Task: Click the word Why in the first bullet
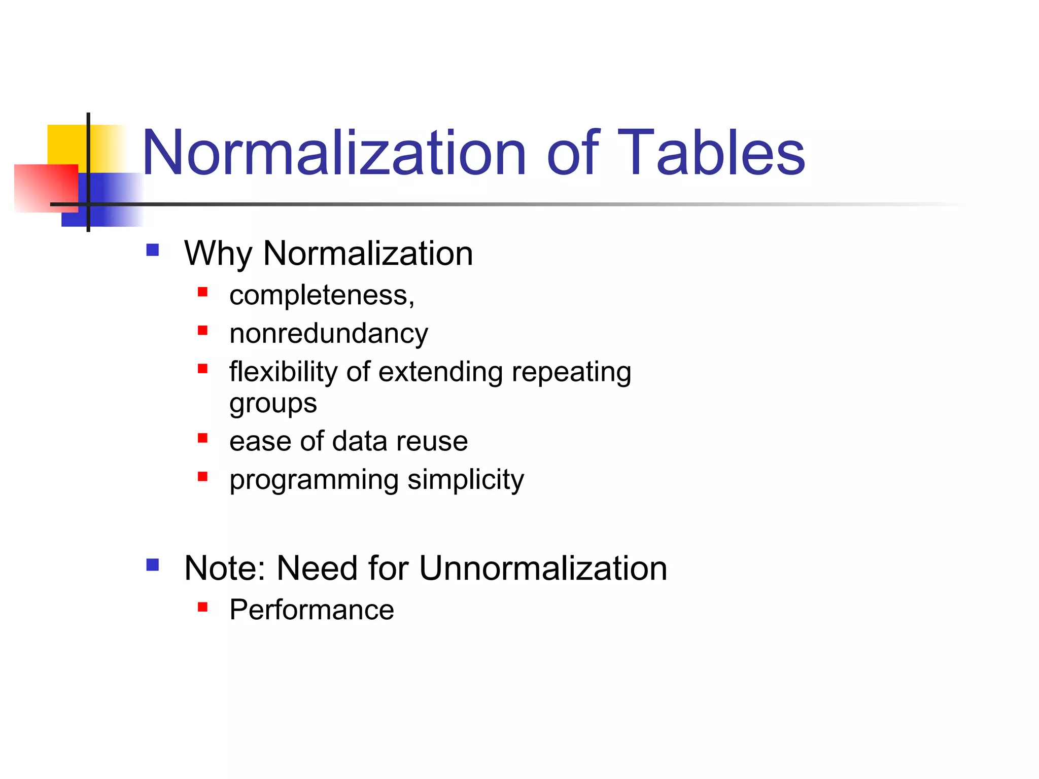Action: pos(218,254)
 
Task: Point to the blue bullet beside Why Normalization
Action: pos(153,250)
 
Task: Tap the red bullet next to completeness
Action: pos(203,292)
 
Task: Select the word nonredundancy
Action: pos(329,334)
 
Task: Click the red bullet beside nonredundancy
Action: pos(203,331)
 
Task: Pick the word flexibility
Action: pos(283,372)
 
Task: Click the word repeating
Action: pos(571,373)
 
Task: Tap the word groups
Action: pos(273,404)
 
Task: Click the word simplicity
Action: pos(466,480)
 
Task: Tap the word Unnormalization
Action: pos(543,568)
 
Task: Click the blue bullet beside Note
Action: pos(153,565)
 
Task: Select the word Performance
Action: pos(311,610)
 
